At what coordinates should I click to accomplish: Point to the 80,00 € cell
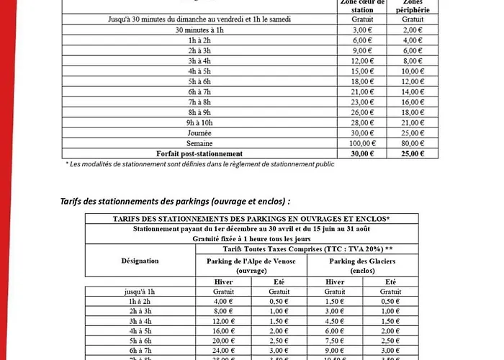coord(411,143)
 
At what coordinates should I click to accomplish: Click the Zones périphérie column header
coord(411,6)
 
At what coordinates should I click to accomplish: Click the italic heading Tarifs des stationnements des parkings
coord(176,201)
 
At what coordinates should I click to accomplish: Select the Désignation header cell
coord(140,261)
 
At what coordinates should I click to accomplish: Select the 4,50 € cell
coord(334,321)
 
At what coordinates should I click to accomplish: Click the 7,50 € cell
coord(334,341)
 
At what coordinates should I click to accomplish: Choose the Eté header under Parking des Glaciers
coord(390,282)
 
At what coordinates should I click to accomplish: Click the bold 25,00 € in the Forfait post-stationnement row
coord(411,153)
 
